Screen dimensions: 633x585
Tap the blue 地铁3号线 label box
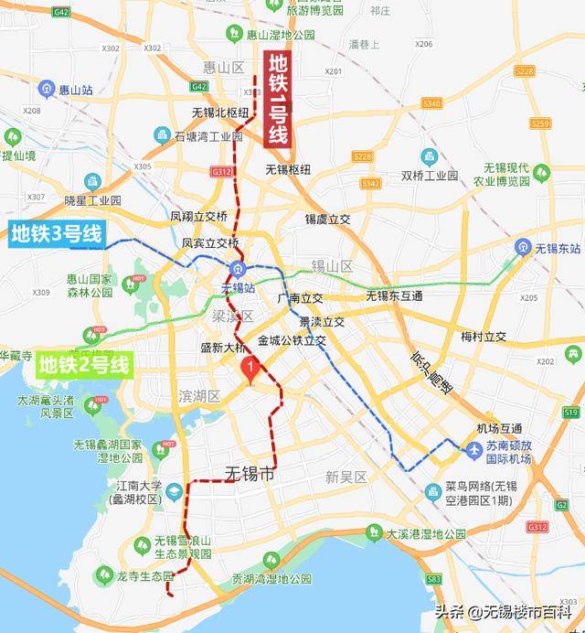pos(57,234)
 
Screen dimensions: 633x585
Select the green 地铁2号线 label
pos(84,367)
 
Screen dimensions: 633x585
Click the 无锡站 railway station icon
pos(237,269)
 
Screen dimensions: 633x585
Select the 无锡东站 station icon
pos(522,247)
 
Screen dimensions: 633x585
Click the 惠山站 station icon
pos(47,89)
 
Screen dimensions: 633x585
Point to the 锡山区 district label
pos(332,266)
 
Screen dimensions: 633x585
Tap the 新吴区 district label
pos(346,477)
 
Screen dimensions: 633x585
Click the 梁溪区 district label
pos(232,315)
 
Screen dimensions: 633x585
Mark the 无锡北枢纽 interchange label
pos(220,113)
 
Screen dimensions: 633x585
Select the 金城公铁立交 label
pos(292,340)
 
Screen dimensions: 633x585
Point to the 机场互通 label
pos(499,428)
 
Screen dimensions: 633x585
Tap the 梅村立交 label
pos(484,337)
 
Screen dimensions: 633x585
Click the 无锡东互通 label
pos(394,295)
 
